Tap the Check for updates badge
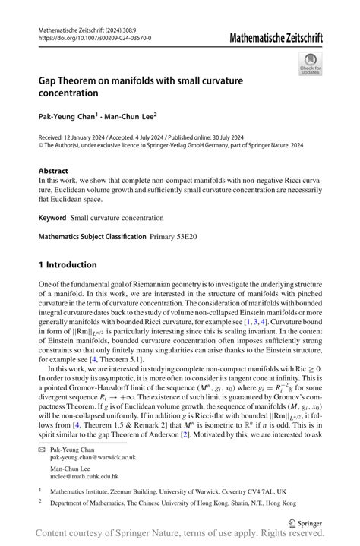pyautogui.click(x=310, y=66)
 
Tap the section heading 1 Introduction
pyautogui.click(x=68, y=264)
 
